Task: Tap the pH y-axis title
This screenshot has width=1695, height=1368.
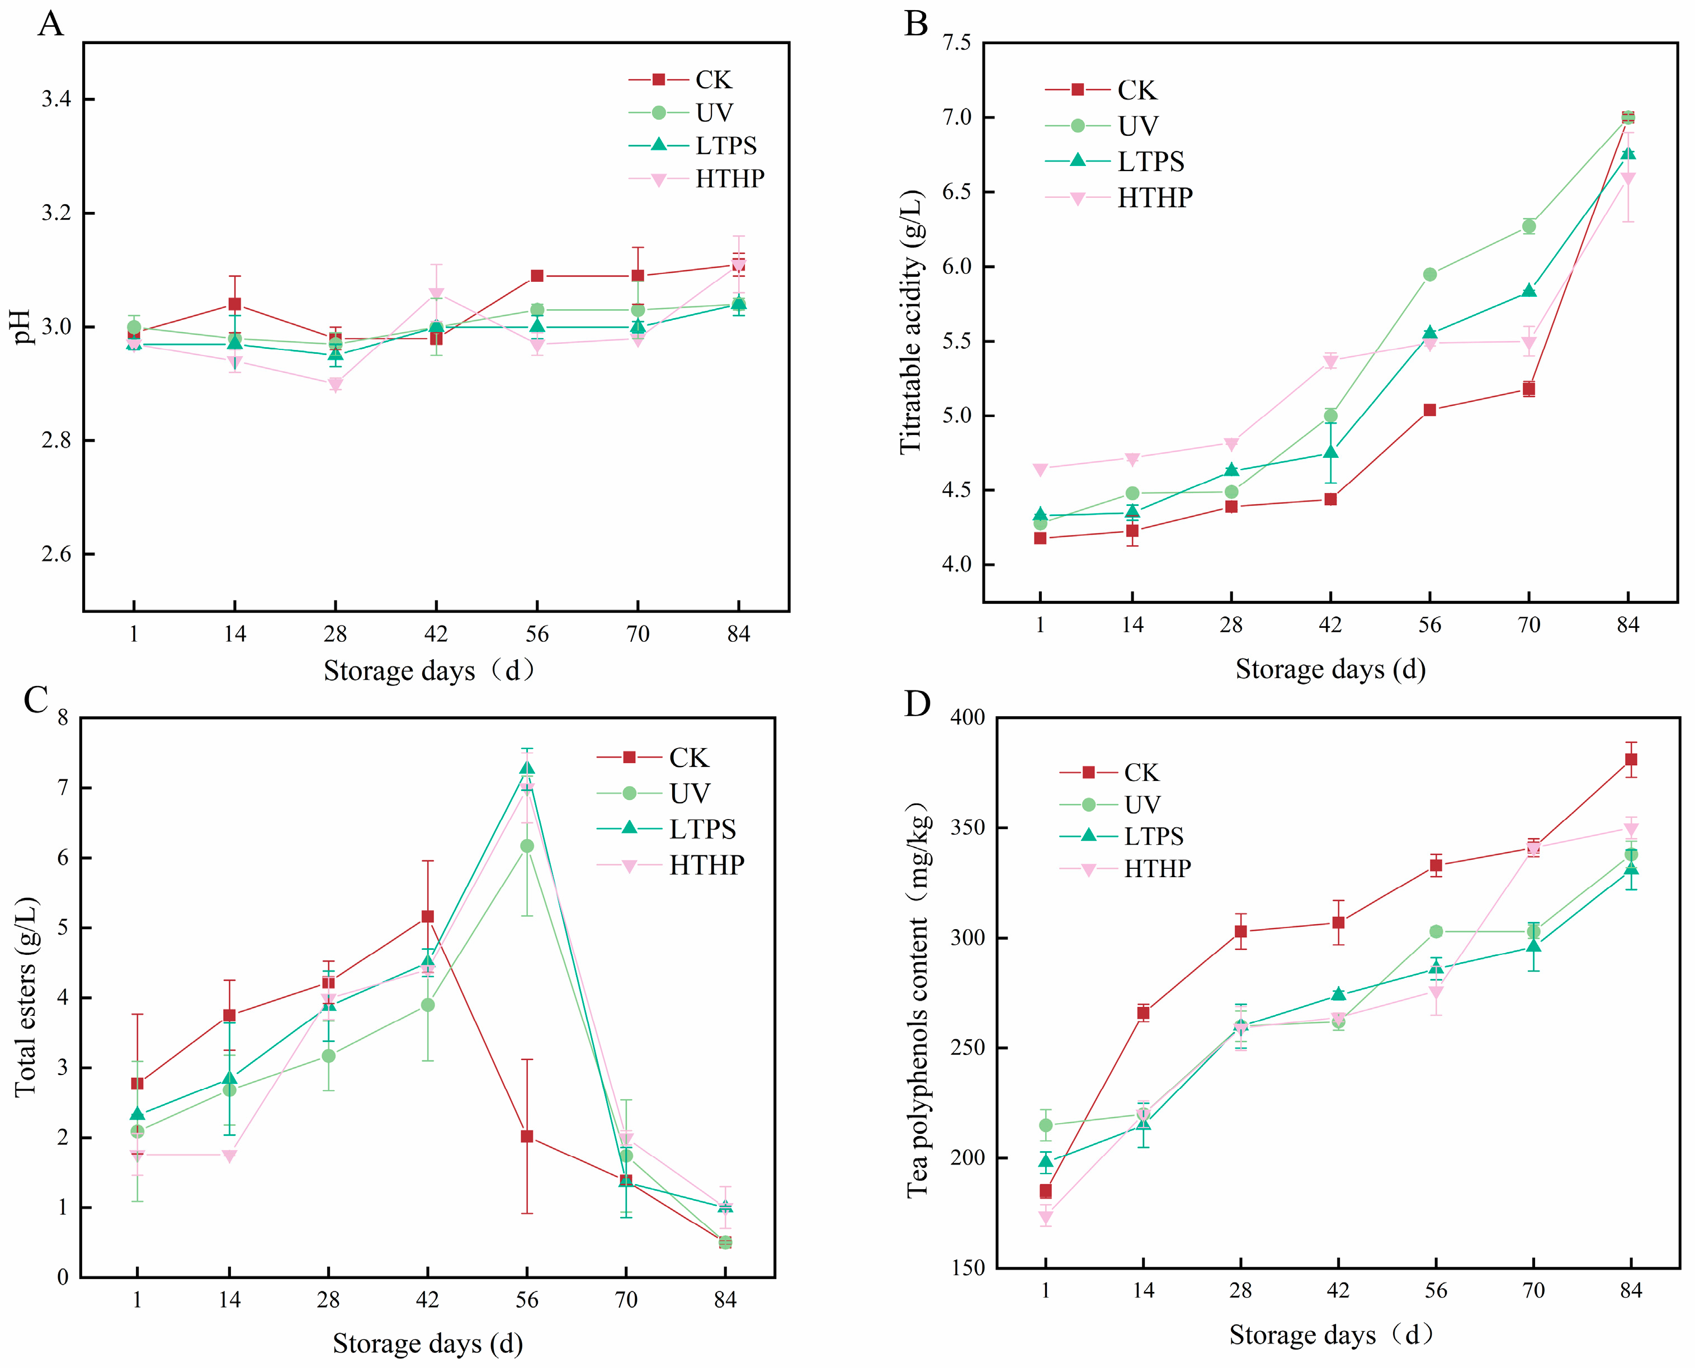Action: [x=23, y=326]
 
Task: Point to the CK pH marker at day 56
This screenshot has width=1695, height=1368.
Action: [x=537, y=276]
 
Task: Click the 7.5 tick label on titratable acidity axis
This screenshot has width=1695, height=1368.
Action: [x=956, y=42]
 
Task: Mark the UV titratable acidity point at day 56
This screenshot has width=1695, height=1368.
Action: [x=1429, y=275]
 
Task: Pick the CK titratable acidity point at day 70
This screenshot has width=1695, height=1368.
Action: [x=1529, y=389]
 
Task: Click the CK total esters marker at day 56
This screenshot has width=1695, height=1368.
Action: [x=527, y=1137]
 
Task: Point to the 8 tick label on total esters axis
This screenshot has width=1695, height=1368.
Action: [x=63, y=718]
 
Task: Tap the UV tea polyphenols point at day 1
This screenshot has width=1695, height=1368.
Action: [x=1045, y=1125]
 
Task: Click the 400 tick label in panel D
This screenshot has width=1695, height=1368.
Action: [x=967, y=718]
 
